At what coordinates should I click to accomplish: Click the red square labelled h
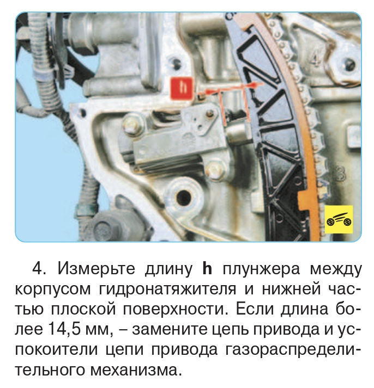pos(182,88)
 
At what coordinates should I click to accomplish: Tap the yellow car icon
pos(339,219)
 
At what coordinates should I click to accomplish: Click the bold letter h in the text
pos(207,268)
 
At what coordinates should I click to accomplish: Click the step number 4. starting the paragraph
pos(40,269)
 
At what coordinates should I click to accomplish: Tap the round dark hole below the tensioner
pos(183,197)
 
